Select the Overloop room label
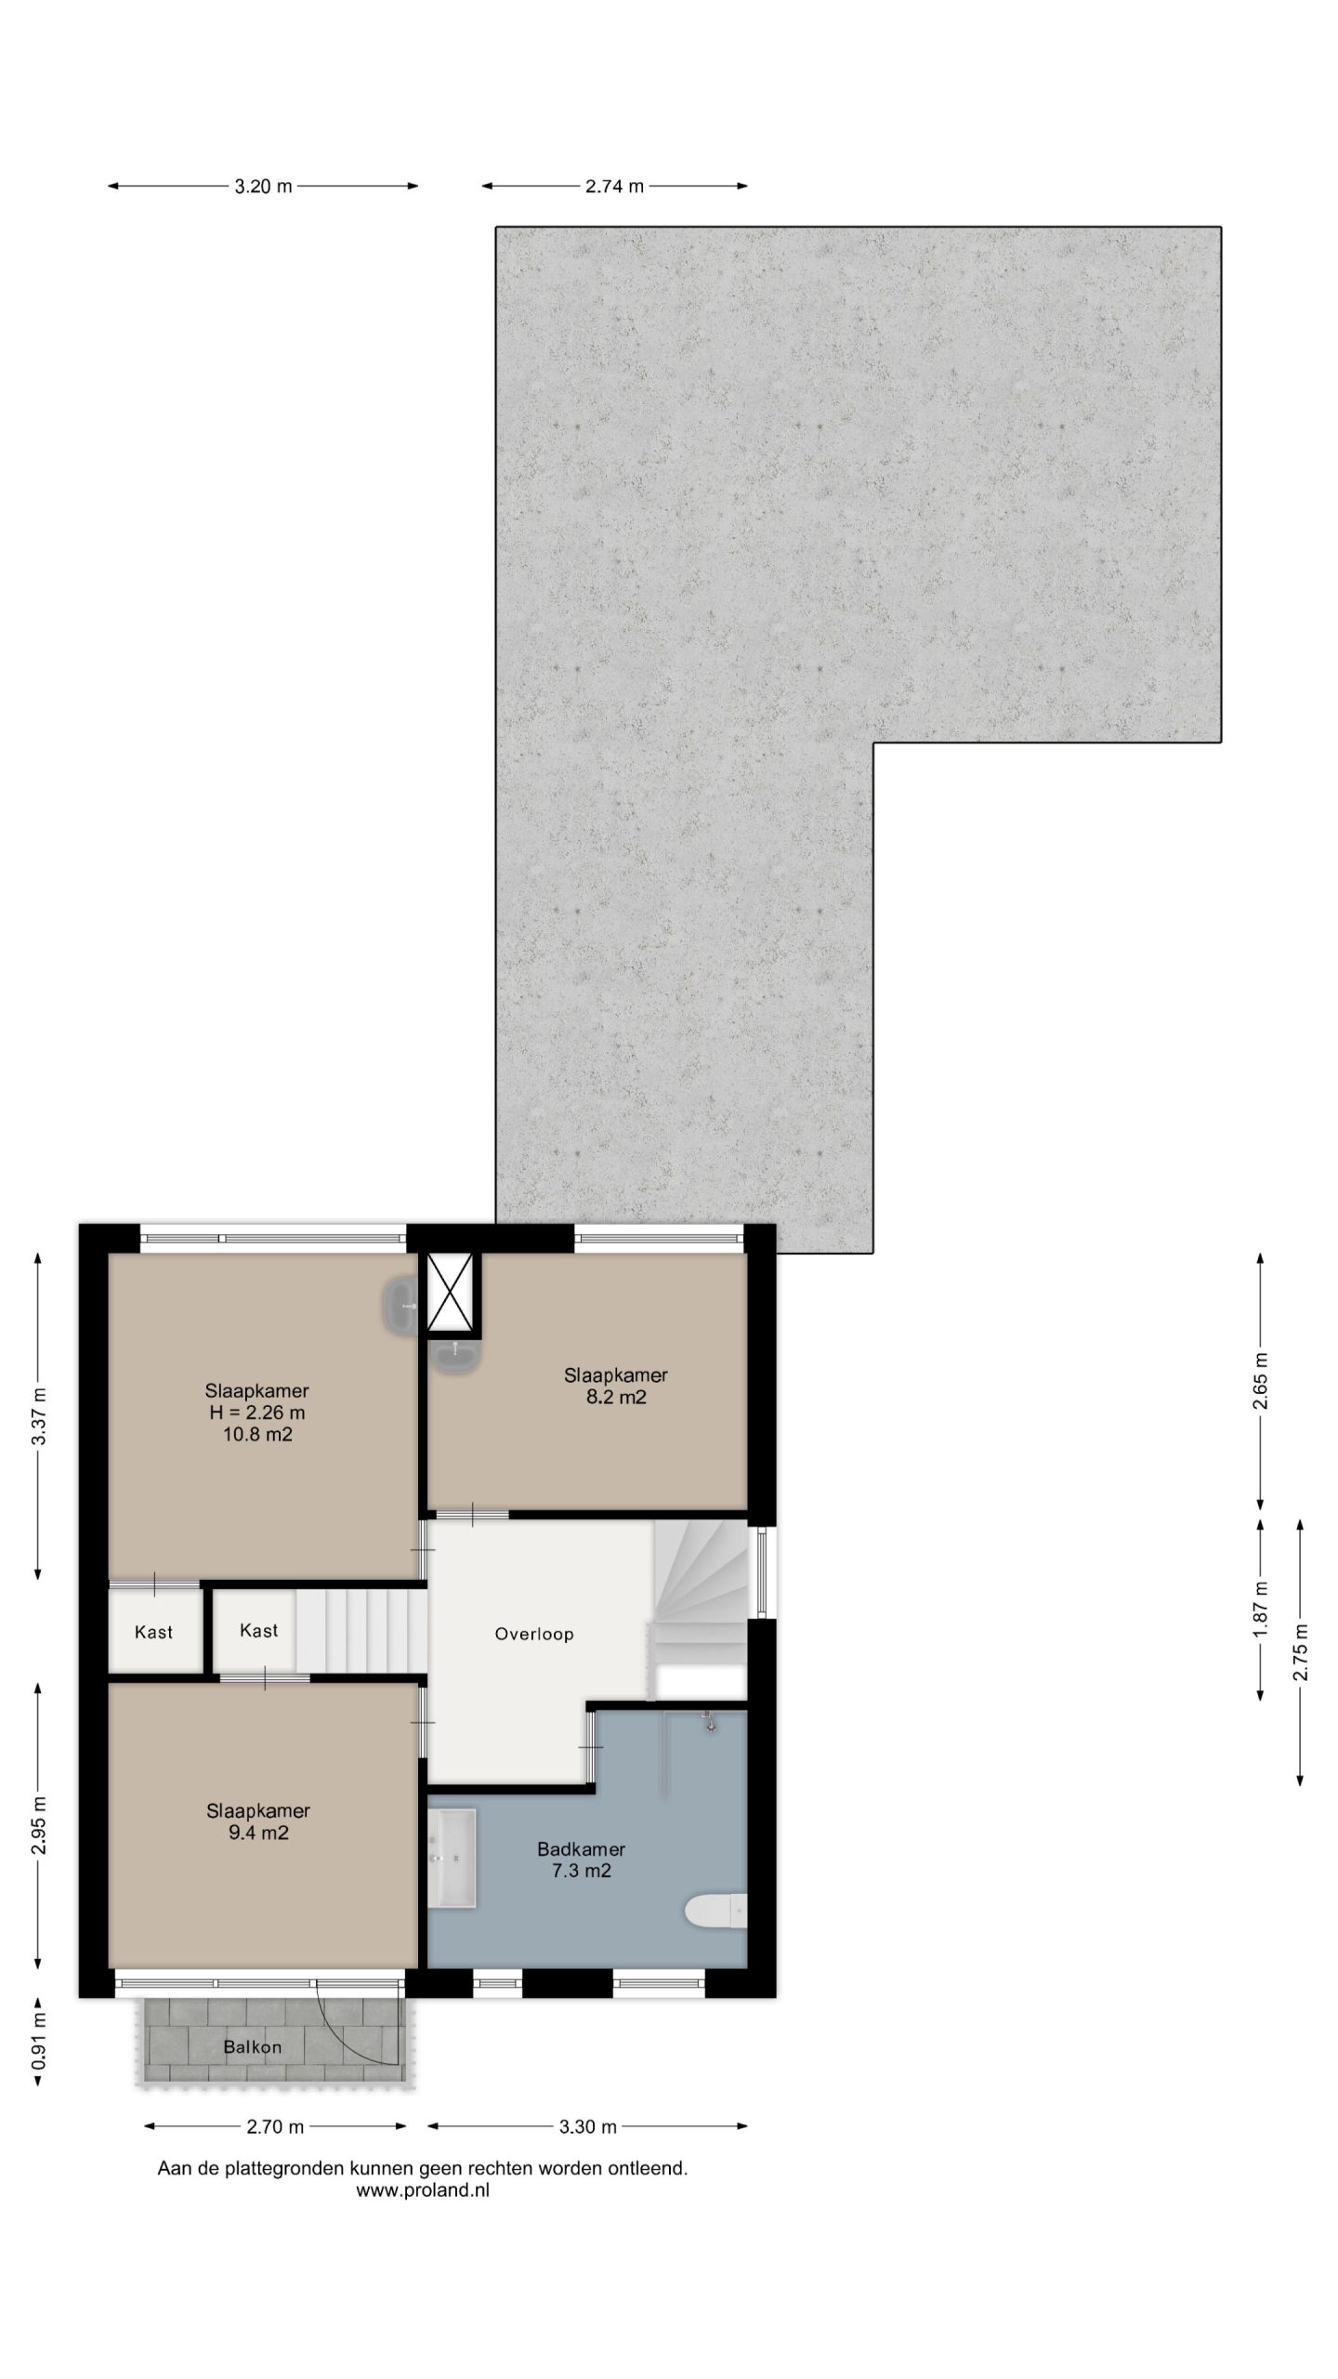[534, 1660]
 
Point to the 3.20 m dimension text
[263, 187]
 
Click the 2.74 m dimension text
[614, 187]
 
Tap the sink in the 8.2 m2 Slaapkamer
[455, 1358]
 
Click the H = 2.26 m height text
[257, 1439]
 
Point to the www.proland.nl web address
[423, 2216]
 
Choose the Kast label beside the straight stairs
[258, 1656]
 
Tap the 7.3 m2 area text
[582, 1897]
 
